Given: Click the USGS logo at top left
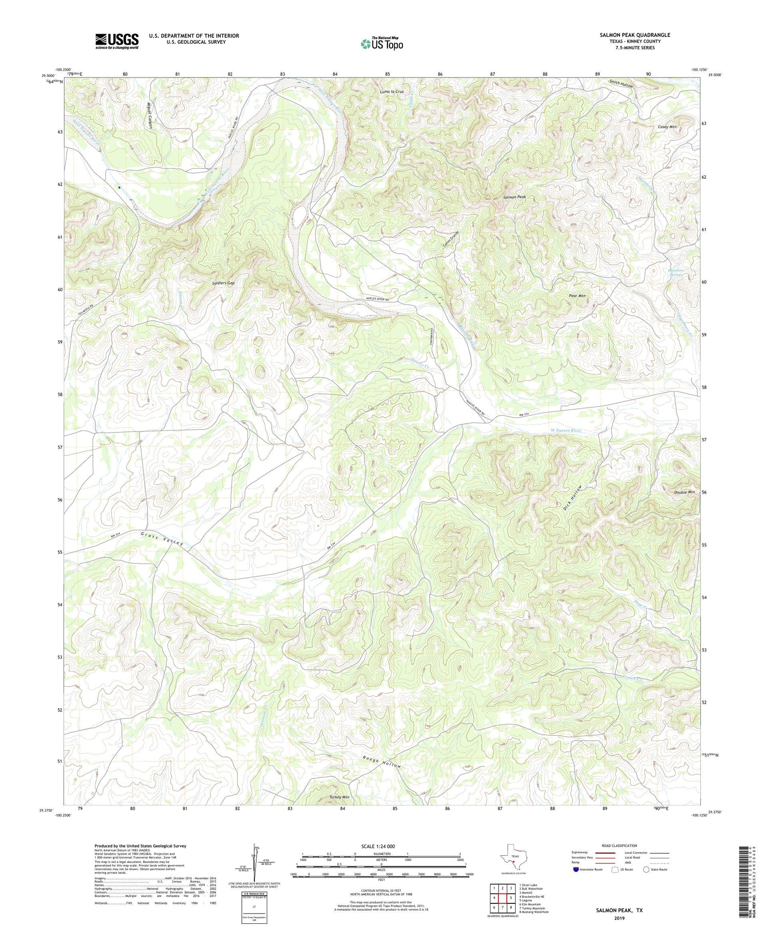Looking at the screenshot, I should pyautogui.click(x=117, y=41).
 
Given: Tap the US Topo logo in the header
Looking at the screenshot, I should pyautogui.click(x=382, y=44).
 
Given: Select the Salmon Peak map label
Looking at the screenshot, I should pyautogui.click(x=514, y=197).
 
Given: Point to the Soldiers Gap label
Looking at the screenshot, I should pyautogui.click(x=223, y=283).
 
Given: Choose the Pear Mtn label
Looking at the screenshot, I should pyautogui.click(x=578, y=296).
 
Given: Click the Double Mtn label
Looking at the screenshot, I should pyautogui.click(x=684, y=492).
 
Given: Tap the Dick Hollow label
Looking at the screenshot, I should pyautogui.click(x=572, y=497).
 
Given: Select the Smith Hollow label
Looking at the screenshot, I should pyautogui.click(x=621, y=86).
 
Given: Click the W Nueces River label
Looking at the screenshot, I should pyautogui.click(x=562, y=430).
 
